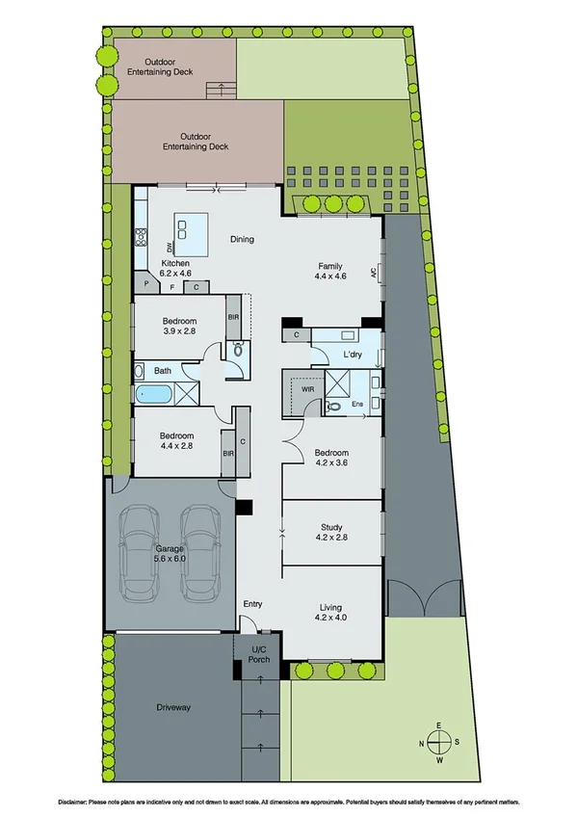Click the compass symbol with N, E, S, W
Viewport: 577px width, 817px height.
pos(438,742)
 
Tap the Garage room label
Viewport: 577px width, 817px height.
pos(170,548)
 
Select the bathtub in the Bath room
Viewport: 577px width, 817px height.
pos(151,393)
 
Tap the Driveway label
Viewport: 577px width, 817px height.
pos(173,707)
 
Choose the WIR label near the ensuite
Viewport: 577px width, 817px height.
pos(308,390)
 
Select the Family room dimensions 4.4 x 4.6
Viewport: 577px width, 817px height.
pos(330,277)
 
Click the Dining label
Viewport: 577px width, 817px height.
pos(242,239)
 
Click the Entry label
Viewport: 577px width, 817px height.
pos(252,604)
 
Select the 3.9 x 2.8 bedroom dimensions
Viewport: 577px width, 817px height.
pos(179,330)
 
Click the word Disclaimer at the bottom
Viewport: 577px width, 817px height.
pos(72,802)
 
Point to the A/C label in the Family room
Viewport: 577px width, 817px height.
pos(373,272)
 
